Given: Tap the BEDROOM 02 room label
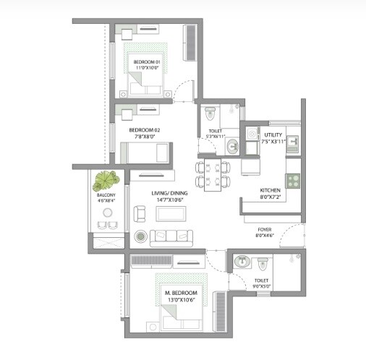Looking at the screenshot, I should click(145, 130).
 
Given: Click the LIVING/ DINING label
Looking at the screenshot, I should click(170, 193).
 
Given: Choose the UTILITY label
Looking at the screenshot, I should click(273, 135).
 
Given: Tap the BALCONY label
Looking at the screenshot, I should click(105, 194).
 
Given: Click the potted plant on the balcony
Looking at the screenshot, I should click(108, 179).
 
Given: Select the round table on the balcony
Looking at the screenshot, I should click(108, 213).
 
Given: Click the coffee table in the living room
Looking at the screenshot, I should click(171, 213).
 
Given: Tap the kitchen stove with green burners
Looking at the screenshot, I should click(293, 181).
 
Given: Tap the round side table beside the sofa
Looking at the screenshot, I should click(140, 236).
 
